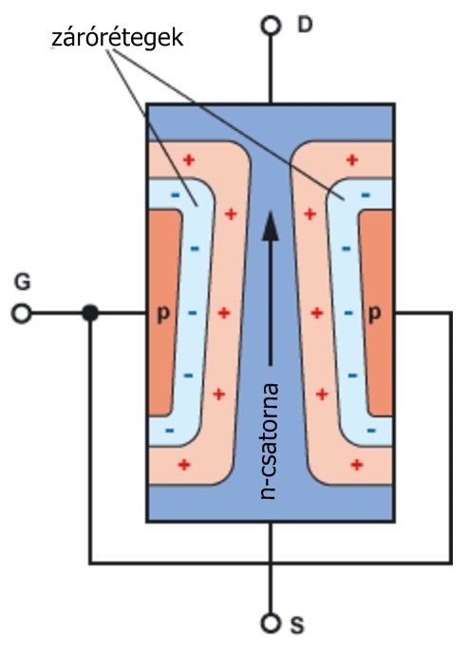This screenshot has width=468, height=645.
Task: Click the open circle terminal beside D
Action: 271,26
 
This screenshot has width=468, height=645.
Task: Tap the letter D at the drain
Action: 305,25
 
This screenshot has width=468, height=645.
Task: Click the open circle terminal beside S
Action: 271,622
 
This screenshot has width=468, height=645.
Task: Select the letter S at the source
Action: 297,625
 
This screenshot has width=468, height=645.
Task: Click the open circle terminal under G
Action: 21,313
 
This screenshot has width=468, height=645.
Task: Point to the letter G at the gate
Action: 22,283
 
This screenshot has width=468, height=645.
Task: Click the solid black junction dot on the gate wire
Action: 90,313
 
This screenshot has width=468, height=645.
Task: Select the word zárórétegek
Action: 118,38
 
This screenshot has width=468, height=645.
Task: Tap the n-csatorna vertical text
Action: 270,441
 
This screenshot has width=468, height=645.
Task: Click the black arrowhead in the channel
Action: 271,226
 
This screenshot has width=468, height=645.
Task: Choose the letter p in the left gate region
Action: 163,314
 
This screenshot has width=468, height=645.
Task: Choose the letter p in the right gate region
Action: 375,314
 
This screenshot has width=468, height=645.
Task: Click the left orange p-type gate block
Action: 164,313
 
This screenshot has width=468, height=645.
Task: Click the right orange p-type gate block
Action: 376,313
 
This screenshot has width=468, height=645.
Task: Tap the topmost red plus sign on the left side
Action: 189,159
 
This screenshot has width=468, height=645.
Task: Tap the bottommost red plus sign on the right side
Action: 356,465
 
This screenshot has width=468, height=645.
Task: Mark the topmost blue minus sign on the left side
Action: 176,194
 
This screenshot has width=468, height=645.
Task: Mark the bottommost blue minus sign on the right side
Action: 371,431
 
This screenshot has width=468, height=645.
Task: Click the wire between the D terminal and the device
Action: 271,69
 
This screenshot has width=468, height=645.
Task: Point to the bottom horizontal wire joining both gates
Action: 271,562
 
